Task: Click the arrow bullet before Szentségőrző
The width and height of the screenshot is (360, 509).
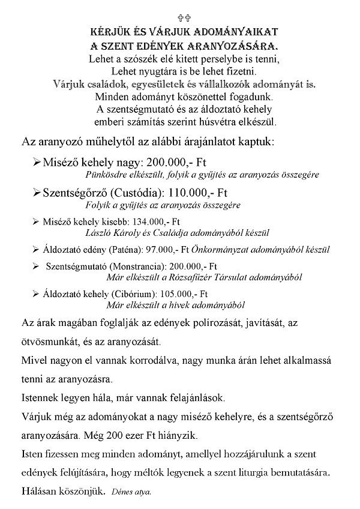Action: click(36, 193)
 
